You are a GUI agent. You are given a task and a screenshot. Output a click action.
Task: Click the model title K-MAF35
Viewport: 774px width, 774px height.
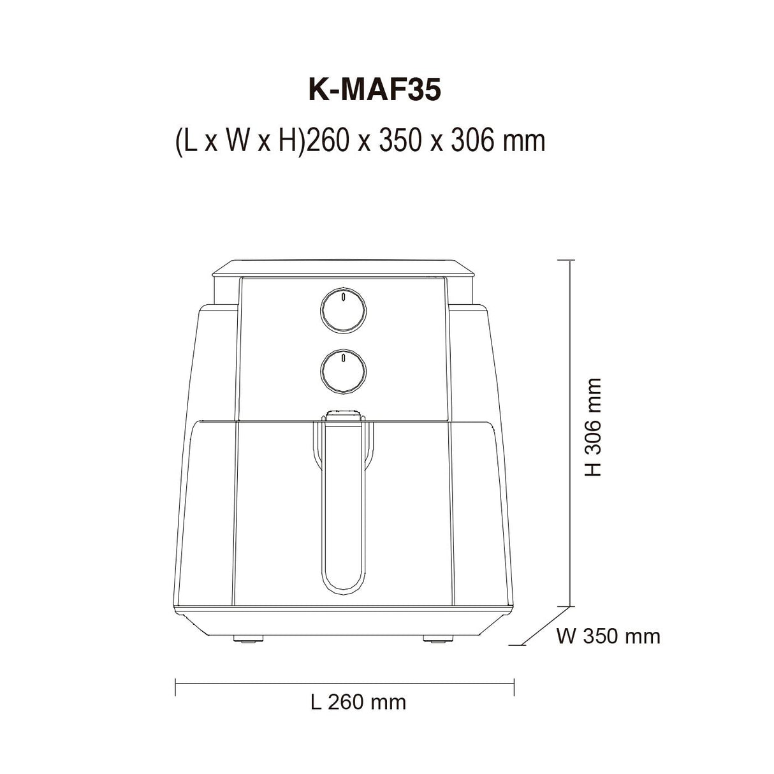[374, 91]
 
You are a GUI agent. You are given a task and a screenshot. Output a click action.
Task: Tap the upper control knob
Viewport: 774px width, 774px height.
[343, 310]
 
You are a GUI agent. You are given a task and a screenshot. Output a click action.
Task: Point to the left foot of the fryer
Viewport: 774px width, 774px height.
[248, 639]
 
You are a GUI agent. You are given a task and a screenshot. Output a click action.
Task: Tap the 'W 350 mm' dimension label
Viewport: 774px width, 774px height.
[608, 637]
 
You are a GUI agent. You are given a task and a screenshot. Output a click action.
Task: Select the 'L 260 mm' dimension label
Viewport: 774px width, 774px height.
[358, 702]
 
